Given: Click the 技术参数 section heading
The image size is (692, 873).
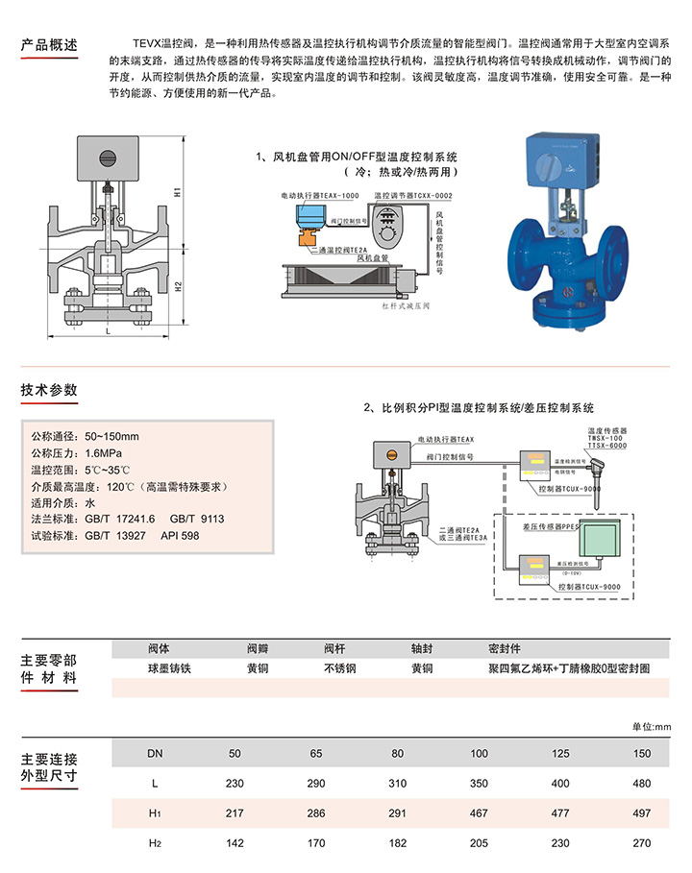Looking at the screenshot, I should [49, 390].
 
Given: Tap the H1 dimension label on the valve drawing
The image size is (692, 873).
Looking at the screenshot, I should [178, 191].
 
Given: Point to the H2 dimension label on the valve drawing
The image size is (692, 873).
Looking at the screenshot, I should [178, 285].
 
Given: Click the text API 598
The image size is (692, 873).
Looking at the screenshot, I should [180, 535].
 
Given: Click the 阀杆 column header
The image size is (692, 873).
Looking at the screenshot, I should [334, 648].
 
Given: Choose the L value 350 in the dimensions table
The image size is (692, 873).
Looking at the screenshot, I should [479, 785].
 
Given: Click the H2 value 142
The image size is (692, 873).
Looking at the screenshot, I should [234, 845].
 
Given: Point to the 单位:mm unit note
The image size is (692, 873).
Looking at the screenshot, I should [651, 726].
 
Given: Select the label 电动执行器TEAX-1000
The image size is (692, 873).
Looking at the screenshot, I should [320, 195].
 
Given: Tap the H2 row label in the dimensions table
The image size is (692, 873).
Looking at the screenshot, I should [155, 845].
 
